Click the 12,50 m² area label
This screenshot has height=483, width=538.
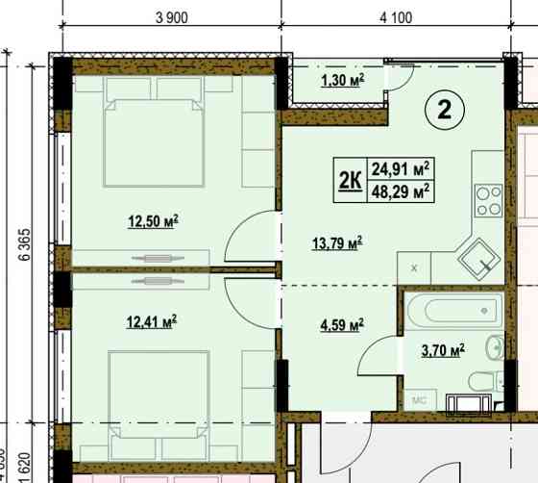click(x=153, y=221)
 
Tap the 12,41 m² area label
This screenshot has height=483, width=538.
click(x=152, y=322)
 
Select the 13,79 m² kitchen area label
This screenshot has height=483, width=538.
click(x=337, y=243)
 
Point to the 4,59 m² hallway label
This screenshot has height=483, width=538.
click(x=342, y=325)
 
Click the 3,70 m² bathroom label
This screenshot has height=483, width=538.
click(x=443, y=351)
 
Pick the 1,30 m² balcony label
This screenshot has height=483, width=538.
click(x=342, y=81)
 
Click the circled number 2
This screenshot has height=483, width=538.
click(x=445, y=110)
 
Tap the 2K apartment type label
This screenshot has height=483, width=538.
click(x=351, y=180)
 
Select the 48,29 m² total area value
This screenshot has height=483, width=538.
click(x=401, y=191)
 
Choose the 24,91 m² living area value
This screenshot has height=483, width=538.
click(x=401, y=169)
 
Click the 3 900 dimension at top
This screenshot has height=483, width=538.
click(x=172, y=17)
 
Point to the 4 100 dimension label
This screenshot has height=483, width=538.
click(x=396, y=17)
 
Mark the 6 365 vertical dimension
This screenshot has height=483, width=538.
click(x=25, y=244)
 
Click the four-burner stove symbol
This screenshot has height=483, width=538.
click(x=489, y=200)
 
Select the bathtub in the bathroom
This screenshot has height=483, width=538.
click(x=454, y=311)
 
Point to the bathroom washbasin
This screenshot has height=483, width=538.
click(x=495, y=348)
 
